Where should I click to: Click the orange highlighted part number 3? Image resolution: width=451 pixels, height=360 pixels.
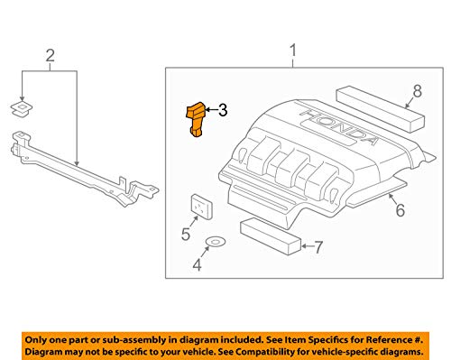point(196,119)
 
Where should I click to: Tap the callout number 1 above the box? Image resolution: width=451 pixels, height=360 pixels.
point(293,51)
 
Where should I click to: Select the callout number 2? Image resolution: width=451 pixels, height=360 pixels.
point(51,56)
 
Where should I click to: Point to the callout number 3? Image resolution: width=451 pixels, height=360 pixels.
point(223,110)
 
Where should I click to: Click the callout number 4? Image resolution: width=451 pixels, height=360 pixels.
point(197,265)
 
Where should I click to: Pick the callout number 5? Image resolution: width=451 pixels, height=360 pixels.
point(186,234)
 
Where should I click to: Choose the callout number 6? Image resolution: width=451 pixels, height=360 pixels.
point(400,210)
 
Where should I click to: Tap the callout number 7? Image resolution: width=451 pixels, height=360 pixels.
point(318,247)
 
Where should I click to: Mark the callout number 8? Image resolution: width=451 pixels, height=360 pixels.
point(418,90)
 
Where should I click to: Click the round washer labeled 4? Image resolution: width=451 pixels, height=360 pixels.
point(216,241)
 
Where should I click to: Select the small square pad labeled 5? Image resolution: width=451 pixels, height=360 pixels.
point(202,206)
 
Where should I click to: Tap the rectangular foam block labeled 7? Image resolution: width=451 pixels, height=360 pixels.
point(271,237)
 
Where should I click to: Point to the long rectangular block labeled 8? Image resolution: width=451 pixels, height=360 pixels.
point(380,109)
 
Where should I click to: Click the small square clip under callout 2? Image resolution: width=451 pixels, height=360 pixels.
point(22,108)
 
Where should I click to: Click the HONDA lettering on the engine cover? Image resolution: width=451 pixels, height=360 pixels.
point(339,127)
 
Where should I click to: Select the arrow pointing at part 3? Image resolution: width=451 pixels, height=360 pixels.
point(211,110)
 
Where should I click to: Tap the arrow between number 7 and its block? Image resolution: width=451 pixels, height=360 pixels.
point(308,246)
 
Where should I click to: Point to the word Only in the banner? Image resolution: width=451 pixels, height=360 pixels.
point(34,340)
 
